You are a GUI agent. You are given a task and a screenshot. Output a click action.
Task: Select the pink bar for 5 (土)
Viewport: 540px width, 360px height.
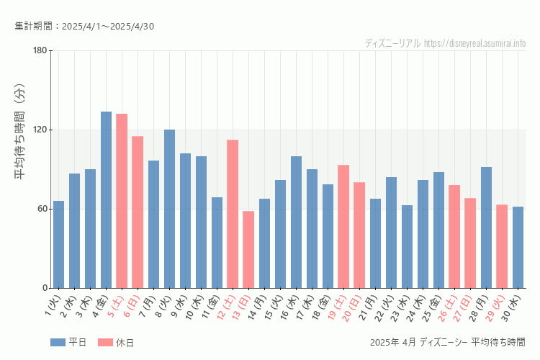pos(122,201)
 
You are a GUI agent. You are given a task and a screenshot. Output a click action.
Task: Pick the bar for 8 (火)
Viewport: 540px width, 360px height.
pos(169,209)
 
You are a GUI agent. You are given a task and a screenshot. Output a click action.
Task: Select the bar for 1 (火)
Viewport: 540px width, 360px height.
pos(58,244)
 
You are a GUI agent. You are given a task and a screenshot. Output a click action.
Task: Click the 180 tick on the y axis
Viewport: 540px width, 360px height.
pos(40,50)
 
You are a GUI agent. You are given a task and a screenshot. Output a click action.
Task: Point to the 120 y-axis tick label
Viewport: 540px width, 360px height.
pos(40,130)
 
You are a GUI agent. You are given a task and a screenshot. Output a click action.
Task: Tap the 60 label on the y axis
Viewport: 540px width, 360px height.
pos(42,209)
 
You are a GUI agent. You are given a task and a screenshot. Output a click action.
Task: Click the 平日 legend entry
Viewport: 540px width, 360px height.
pos(68,343)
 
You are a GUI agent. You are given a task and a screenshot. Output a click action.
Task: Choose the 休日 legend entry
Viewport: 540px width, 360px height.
pos(115,343)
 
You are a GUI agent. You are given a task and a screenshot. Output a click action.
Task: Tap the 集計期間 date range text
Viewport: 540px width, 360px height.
pos(84,27)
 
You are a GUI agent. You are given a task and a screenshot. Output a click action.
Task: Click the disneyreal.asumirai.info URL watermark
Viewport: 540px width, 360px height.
pos(475,43)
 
